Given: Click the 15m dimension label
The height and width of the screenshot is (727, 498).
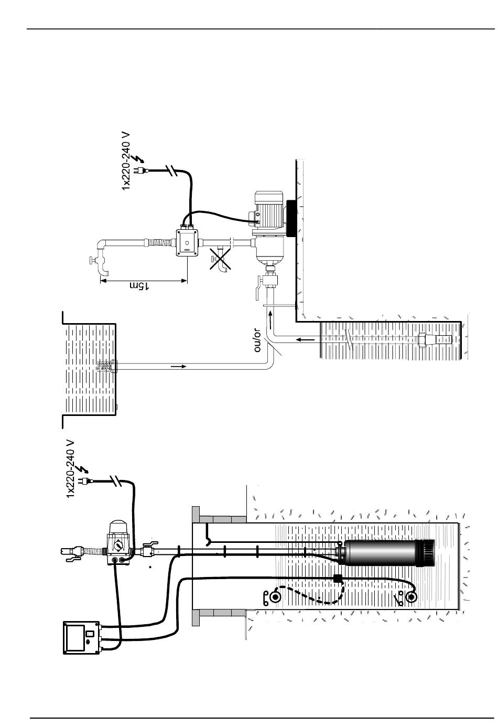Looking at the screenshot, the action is (x=139, y=285).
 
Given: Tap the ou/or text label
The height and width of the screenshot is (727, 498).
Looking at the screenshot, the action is (x=257, y=340).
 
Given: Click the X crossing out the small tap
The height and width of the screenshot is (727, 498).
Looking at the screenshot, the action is (x=220, y=259).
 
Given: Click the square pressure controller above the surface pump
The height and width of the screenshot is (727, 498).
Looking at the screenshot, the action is (x=187, y=242).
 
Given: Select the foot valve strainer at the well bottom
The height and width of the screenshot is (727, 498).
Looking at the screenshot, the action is (x=435, y=340).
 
